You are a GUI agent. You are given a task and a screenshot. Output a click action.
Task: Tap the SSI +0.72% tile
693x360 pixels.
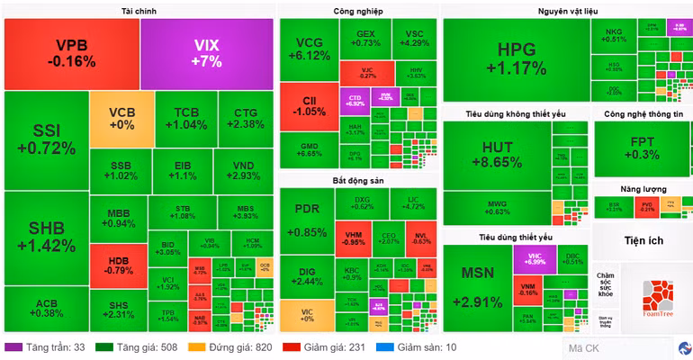click(x=45, y=139)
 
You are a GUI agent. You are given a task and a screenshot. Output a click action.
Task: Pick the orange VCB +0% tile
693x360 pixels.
click(x=121, y=119)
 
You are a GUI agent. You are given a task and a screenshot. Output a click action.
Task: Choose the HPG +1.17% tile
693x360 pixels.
click(x=515, y=58)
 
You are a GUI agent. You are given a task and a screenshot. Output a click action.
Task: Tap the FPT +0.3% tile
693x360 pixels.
click(x=642, y=148)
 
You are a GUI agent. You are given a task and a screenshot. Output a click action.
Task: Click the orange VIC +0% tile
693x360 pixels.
click(x=306, y=314)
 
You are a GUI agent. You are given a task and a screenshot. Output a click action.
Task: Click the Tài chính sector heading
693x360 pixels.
click(x=139, y=11)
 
